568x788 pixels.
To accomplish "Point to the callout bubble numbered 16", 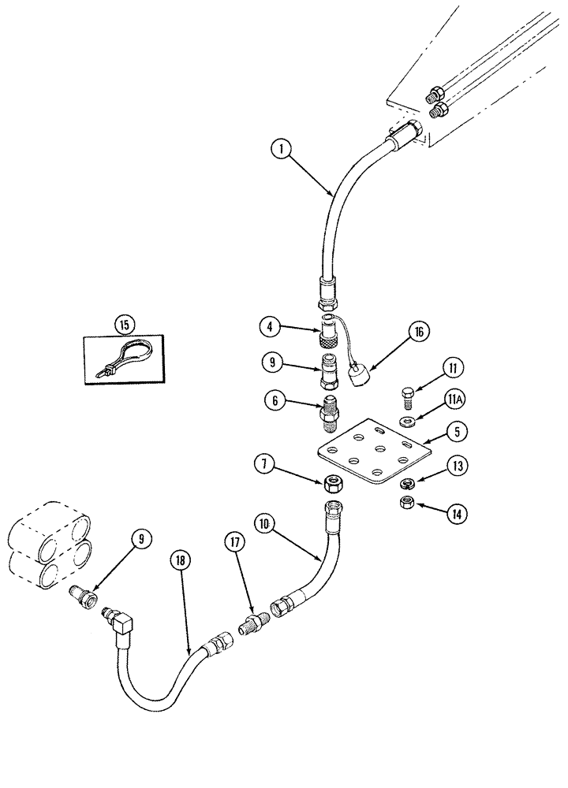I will (x=419, y=333).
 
